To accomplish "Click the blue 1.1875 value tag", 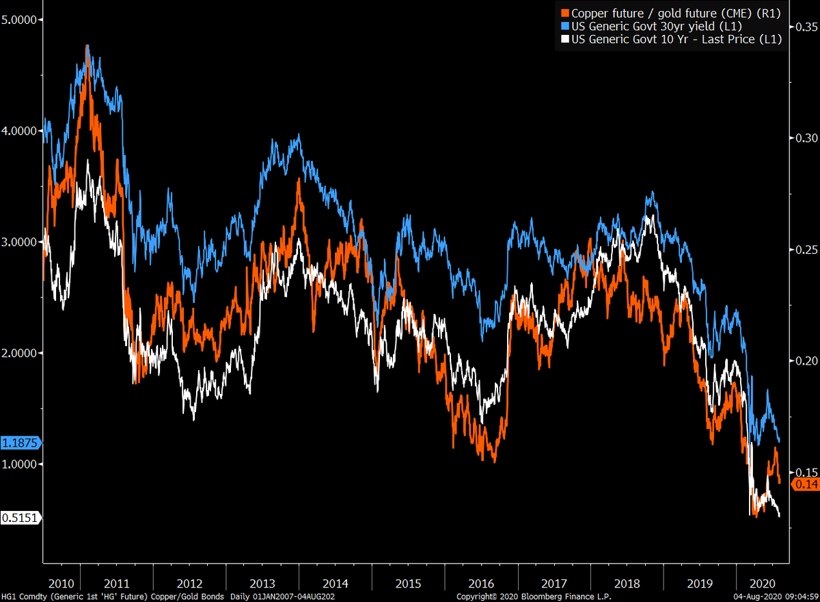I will pos(20,443).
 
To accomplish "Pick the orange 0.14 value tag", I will pos(805,484).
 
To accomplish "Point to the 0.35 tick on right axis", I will pos(804,27).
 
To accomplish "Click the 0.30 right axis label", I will pos(804,138).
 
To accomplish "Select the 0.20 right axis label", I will pos(804,361).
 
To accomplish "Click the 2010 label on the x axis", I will pos(61,584).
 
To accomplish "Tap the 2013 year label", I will pos(262,584).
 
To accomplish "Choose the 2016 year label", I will pos(481,584).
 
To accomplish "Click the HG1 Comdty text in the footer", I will pos(22,597).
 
